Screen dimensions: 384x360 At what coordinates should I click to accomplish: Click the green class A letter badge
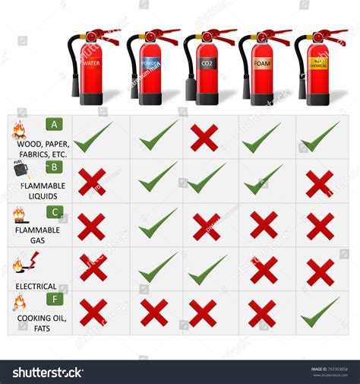tap(54, 124)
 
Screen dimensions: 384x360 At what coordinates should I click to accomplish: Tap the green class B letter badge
tap(54, 167)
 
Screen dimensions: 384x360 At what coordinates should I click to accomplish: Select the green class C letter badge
tap(54, 211)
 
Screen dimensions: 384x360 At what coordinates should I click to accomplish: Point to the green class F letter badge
tap(54, 300)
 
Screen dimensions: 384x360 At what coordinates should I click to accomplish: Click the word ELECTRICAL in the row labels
tap(36, 287)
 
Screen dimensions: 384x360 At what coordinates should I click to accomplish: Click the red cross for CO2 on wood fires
tap(204, 138)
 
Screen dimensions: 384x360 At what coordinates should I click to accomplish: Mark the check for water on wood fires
tap(93, 137)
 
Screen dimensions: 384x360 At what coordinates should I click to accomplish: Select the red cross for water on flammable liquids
tap(92, 182)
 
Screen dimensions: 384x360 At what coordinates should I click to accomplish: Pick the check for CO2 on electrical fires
tap(207, 268)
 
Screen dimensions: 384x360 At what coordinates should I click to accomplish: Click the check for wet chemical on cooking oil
tap(319, 311)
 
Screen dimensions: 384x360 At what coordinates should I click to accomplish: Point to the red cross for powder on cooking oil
tap(154, 313)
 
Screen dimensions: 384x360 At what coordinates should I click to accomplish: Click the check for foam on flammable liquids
tap(263, 179)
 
